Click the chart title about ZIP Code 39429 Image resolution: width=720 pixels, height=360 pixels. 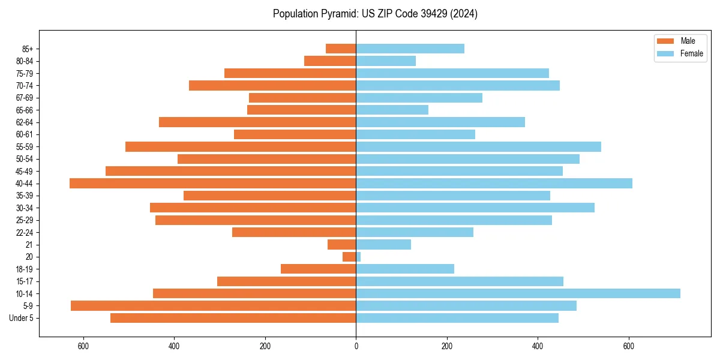pos(375,14)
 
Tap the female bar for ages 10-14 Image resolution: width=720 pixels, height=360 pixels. pos(518,293)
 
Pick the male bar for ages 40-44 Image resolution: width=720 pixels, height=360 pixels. pos(213,184)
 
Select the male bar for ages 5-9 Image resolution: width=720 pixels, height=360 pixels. pos(214,305)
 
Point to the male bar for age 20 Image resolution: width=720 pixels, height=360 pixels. pos(349,257)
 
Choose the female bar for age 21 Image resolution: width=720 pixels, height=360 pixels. pos(383,244)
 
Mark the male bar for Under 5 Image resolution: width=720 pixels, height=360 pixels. pos(233,318)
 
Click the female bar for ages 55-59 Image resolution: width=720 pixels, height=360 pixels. pos(478,146)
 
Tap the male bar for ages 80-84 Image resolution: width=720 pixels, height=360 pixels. pos(330,61)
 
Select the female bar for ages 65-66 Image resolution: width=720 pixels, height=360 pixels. pos(392,110)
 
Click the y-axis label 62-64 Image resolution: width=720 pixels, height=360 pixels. pos(25,122)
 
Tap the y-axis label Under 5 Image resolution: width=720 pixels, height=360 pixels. pos(22,318)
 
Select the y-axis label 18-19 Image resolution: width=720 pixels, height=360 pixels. pos(25,269)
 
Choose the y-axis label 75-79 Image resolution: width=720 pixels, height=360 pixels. pos(25,73)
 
